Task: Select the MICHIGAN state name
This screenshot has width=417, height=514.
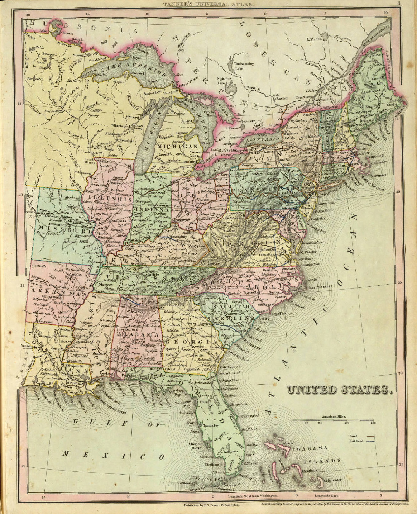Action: coord(178,147)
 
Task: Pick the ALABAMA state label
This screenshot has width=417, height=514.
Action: coord(138,334)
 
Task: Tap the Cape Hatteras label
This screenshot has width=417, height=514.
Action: coord(320,287)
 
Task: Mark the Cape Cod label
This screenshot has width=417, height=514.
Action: coord(376,156)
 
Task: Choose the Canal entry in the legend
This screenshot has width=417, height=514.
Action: coord(355,436)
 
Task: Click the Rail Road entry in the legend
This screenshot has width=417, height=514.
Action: coord(356,441)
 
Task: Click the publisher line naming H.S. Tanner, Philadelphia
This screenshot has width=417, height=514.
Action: coord(211,504)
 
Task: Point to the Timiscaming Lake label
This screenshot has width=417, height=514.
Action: coord(244,66)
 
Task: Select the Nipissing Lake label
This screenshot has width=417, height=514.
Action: coord(225,81)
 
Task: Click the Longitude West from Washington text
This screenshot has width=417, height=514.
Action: coord(253,496)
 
